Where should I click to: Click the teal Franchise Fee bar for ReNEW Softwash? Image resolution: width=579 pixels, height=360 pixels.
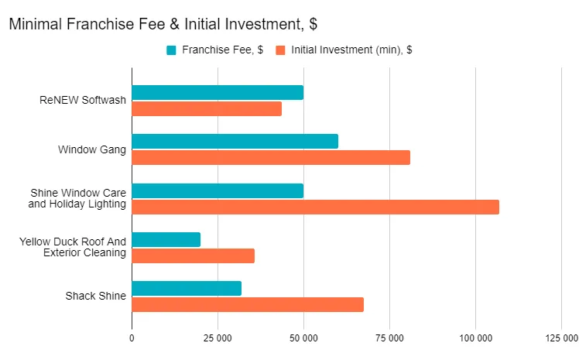coord(218,93)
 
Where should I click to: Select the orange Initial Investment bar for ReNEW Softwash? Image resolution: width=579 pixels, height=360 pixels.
coord(207,109)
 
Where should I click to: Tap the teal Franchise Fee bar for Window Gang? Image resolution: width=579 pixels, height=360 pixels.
coord(235,141)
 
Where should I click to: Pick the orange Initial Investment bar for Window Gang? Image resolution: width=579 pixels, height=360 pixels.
coord(271,158)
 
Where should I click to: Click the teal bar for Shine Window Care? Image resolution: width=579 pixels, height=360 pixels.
coord(218,190)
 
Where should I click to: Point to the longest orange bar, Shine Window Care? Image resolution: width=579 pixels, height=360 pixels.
coord(315,207)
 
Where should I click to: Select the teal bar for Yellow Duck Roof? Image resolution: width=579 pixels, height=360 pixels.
coord(166,240)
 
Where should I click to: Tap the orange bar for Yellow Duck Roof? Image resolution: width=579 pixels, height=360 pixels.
coord(193,256)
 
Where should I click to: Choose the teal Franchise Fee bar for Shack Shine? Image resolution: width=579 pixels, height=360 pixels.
coord(187,289)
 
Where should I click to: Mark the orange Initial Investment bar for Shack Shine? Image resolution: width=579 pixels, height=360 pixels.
coord(248,305)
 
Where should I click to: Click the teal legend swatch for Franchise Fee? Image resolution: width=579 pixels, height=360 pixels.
coord(171,50)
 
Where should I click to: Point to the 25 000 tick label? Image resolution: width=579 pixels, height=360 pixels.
coord(218,338)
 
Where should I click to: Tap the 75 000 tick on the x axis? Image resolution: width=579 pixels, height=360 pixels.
coord(389,338)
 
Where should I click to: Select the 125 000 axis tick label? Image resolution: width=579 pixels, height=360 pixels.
coord(561,338)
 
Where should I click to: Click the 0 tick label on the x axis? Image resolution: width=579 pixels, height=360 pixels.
coord(132,338)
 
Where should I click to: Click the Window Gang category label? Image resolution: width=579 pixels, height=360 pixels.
coord(92,149)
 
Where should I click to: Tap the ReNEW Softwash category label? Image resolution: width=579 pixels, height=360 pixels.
coord(83,100)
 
